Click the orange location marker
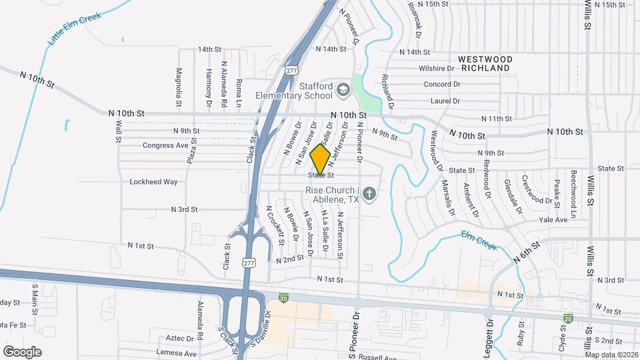(x=321, y=159)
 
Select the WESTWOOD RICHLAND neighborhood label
(x=486, y=63)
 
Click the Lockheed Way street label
(x=153, y=181)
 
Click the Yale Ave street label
(x=553, y=219)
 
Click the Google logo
(x=22, y=351)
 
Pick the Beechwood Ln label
(x=573, y=187)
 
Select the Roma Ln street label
(x=239, y=92)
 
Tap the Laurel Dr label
(x=446, y=101)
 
